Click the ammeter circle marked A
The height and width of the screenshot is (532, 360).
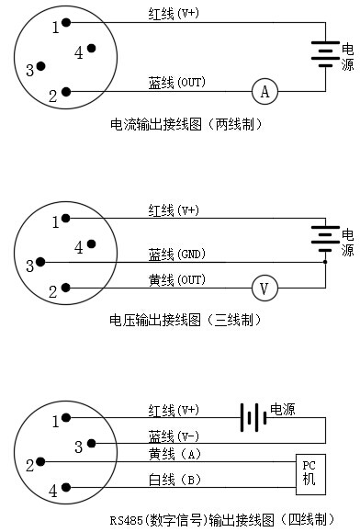click(x=265, y=91)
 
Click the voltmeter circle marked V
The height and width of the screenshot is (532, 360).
click(x=265, y=289)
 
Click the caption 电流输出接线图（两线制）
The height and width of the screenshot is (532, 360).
click(x=186, y=124)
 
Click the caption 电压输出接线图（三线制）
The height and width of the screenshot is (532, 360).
click(x=186, y=320)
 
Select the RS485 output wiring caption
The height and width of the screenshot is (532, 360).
click(x=221, y=520)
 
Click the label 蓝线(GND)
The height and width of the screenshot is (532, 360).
click(x=177, y=254)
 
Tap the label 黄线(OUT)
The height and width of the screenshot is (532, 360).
click(x=177, y=278)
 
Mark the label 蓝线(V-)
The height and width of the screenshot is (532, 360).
click(x=174, y=436)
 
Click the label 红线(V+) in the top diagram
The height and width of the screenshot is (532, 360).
click(x=174, y=14)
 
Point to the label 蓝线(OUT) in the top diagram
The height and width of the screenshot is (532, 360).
click(x=177, y=82)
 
